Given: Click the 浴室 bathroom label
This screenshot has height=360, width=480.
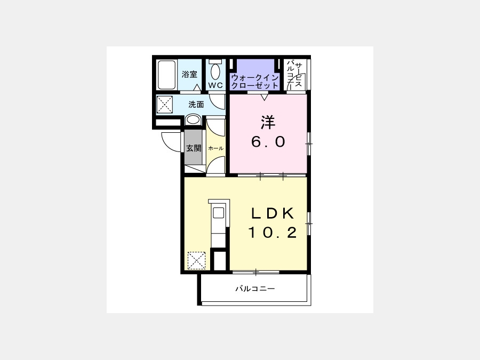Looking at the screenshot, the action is click(x=189, y=74).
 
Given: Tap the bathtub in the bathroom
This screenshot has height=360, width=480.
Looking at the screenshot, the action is click(x=167, y=75).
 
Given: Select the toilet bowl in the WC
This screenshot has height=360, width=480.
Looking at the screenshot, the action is click(x=215, y=71).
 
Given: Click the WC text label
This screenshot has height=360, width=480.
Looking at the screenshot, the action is click(x=215, y=85).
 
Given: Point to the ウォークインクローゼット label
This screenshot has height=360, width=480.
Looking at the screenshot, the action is click(x=255, y=82).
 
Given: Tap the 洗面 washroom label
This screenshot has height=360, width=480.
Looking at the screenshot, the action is click(x=196, y=105).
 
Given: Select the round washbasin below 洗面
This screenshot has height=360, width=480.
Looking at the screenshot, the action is click(x=194, y=119).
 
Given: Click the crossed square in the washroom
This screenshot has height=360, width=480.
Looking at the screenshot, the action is click(x=165, y=105).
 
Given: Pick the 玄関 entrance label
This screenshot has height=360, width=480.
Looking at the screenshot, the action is click(x=194, y=148).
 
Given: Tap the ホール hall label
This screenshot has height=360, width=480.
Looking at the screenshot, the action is click(x=216, y=148).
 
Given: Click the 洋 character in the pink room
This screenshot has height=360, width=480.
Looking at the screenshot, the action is click(x=268, y=122).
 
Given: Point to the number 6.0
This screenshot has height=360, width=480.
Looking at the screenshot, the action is click(x=268, y=141).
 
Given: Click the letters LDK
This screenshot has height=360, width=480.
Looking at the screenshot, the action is click(x=273, y=213).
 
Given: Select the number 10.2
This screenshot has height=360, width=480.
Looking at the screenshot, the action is click(x=272, y=233).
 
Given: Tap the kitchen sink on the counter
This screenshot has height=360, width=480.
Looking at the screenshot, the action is click(x=219, y=213).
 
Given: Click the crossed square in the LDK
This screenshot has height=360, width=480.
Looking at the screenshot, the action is click(x=196, y=260).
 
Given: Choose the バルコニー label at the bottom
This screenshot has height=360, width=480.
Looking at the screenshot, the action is click(x=255, y=289).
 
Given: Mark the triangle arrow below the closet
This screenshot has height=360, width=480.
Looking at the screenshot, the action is click(x=264, y=98).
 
